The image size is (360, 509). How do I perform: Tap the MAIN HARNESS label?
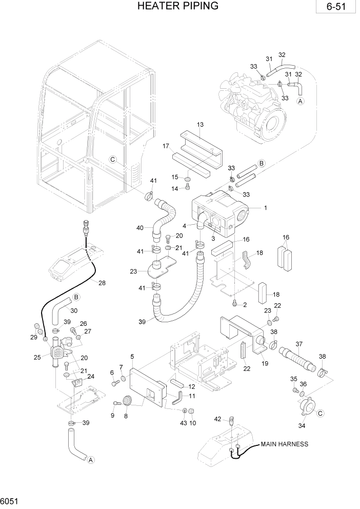click(x=285, y=444)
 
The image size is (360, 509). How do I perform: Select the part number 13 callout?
click(x=200, y=125)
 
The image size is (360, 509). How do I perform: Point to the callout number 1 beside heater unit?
click(x=265, y=208)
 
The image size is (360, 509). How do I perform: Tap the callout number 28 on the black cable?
click(x=102, y=283)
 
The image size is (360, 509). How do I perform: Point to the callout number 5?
click(x=132, y=357)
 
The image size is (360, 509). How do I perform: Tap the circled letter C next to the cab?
click(x=114, y=160)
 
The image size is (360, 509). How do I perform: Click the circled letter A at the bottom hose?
click(x=91, y=460)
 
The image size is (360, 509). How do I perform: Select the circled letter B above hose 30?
click(x=76, y=297)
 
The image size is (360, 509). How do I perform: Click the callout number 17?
click(x=166, y=146)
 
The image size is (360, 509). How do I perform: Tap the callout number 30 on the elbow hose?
click(x=74, y=310)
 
